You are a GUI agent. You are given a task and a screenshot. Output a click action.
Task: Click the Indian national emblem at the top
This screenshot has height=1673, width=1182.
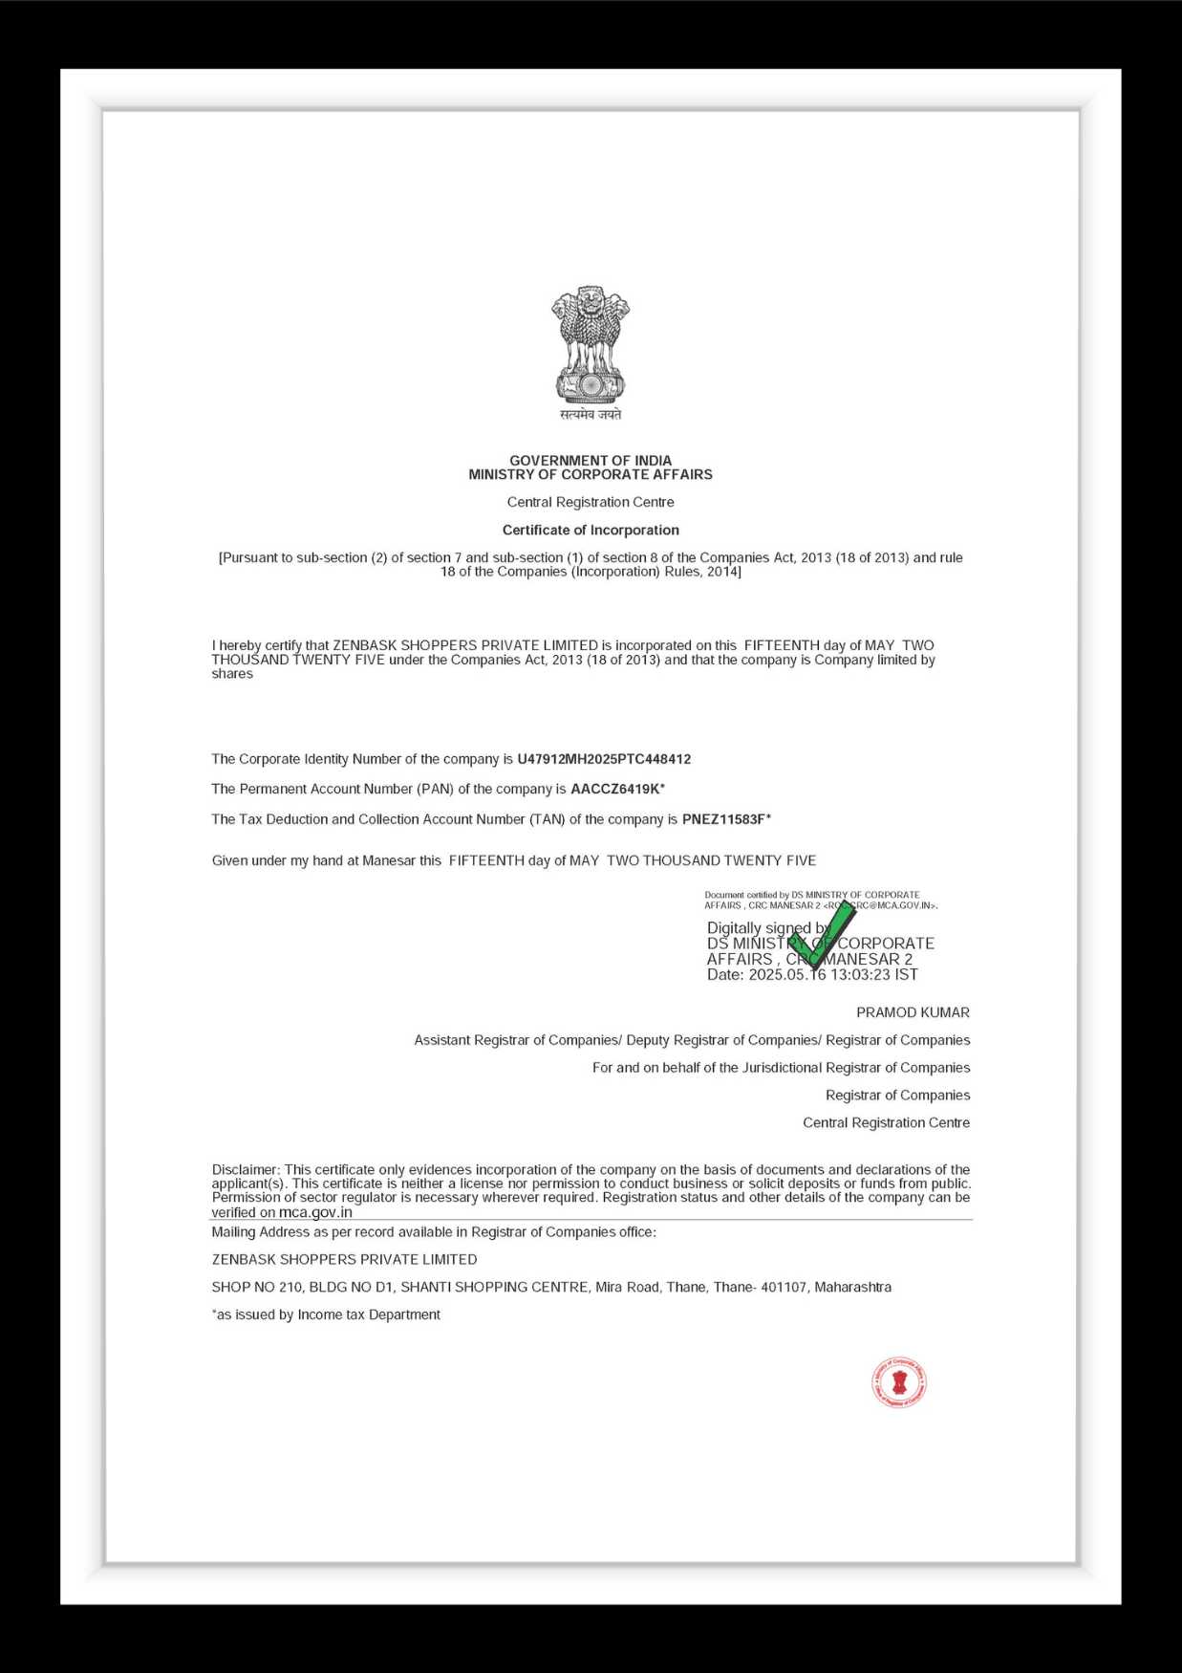click(591, 345)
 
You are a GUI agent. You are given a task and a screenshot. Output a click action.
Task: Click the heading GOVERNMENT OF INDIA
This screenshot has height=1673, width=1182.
click(591, 460)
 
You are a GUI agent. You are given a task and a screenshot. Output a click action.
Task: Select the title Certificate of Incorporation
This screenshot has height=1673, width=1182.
click(591, 530)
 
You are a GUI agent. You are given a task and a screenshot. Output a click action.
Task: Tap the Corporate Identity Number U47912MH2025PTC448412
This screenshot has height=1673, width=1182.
click(604, 759)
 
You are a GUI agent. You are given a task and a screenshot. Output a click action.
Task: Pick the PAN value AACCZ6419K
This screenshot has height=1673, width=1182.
click(614, 789)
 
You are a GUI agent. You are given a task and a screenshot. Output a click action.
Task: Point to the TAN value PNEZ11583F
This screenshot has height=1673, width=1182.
click(723, 819)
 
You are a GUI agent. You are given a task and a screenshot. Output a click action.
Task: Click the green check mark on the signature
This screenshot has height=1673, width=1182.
click(822, 935)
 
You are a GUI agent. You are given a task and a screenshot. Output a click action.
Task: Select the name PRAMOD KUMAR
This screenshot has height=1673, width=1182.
click(913, 1012)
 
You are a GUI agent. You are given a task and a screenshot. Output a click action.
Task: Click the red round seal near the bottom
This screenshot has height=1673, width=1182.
click(898, 1382)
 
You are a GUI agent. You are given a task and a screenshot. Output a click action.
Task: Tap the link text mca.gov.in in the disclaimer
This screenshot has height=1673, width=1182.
click(315, 1212)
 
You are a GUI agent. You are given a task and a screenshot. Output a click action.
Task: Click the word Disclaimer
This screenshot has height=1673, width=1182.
click(245, 1169)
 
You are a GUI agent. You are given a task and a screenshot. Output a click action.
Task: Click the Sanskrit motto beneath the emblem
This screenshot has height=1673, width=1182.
click(591, 414)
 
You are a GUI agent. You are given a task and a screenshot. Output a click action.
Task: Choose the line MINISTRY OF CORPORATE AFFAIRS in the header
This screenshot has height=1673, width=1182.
click(591, 474)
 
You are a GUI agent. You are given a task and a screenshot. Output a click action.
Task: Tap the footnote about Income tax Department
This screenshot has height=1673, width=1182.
click(326, 1314)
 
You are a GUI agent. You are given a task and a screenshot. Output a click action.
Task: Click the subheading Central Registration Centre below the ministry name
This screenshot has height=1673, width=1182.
click(591, 502)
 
